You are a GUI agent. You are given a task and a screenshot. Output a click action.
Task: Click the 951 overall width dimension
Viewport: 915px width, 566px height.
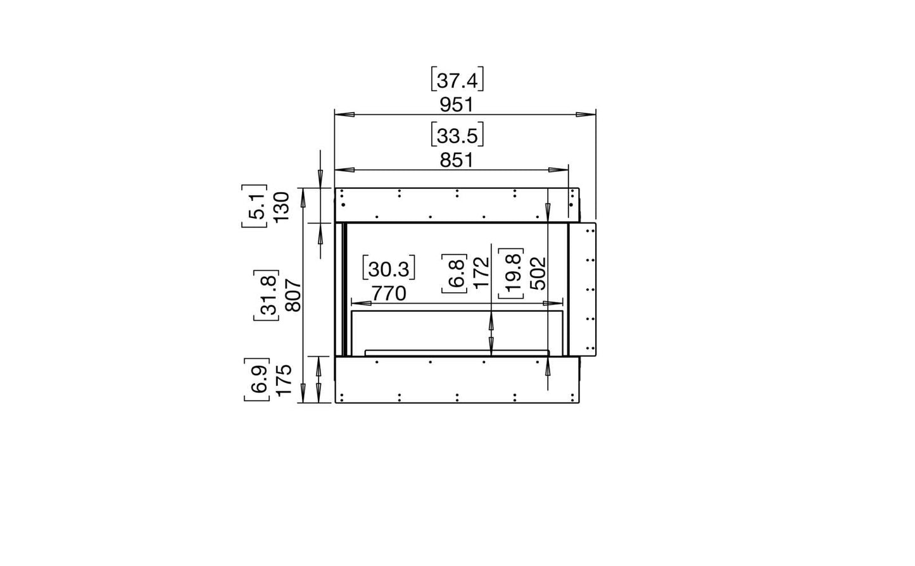pos(457,105)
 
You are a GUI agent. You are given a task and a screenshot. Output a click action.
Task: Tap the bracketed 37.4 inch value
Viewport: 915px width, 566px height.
pos(457,79)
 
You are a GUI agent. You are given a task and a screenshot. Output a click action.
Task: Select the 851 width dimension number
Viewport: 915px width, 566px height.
pos(457,160)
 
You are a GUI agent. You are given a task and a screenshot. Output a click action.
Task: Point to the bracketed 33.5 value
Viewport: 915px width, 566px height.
pos(457,134)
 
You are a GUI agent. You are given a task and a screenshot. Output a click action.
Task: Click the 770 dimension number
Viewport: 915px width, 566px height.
pos(389,293)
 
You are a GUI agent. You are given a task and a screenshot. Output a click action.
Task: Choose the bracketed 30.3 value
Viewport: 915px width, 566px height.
pos(389,268)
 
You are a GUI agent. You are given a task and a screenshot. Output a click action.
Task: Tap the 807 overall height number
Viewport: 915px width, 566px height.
pos(294,295)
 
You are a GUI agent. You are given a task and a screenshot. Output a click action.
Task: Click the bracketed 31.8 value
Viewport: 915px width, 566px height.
pos(267,295)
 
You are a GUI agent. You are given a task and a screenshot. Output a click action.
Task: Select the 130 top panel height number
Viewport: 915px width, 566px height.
pos(282,207)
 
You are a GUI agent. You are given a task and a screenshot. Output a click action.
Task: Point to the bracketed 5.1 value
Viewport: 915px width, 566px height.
pos(255,206)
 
